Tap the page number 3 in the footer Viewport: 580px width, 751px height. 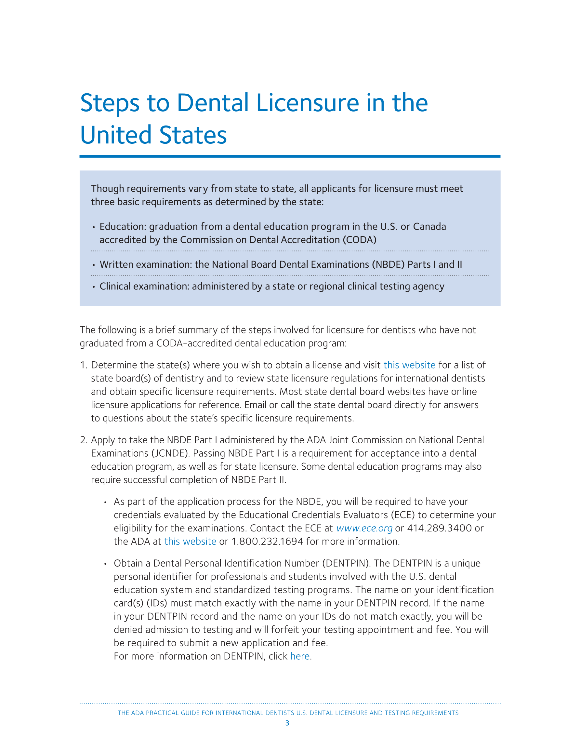click(287, 723)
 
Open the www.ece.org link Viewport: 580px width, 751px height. click(364, 528)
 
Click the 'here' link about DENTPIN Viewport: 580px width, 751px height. click(300, 656)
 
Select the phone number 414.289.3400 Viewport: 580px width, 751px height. click(439, 528)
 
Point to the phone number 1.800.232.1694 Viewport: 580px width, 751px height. click(267, 542)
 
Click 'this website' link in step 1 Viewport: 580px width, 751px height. click(409, 365)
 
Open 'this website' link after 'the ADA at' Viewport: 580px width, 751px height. click(190, 542)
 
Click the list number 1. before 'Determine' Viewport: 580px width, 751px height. click(84, 365)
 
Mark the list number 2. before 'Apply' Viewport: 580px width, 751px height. click(84, 440)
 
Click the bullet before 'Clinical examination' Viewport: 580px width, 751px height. click(94, 287)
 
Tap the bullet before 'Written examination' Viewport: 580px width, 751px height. click(94, 265)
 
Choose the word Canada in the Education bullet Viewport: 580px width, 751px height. click(429, 227)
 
